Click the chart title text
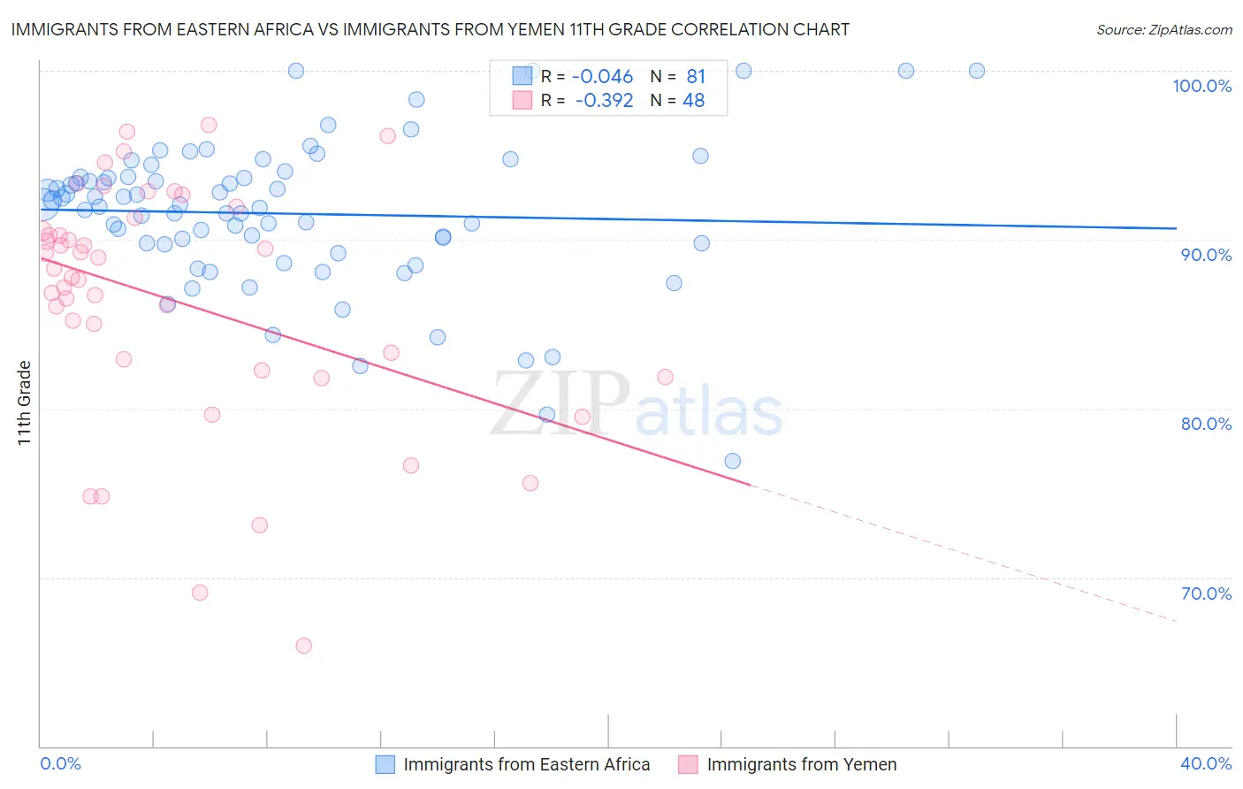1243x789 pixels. point(430,29)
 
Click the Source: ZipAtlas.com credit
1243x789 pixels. point(1163,29)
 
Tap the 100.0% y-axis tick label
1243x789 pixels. point(1201,86)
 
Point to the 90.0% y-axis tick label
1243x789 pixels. point(1206,255)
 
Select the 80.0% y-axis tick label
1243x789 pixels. point(1206,424)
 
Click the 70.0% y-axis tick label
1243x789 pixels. point(1206,594)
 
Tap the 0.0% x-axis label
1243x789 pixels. point(60,763)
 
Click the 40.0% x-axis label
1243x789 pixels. point(1206,763)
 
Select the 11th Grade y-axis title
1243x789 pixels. point(24,402)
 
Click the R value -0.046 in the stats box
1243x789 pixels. point(604,77)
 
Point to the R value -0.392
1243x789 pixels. point(604,101)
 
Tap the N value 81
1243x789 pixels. point(696,77)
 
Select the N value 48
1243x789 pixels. point(693,101)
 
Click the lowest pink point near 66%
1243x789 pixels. point(303,646)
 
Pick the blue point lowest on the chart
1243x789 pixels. point(732,461)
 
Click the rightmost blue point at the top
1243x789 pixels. point(977,71)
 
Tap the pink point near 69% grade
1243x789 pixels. point(200,593)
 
